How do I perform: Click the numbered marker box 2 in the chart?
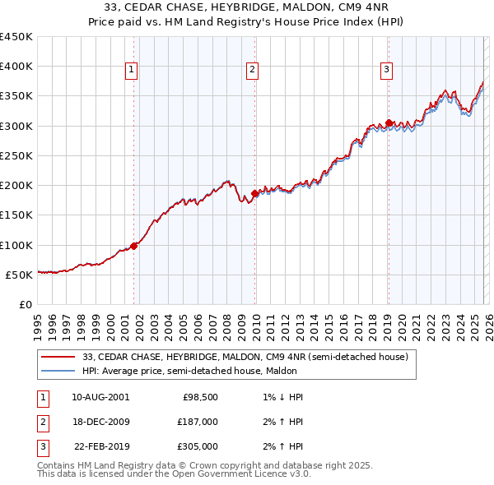(252, 71)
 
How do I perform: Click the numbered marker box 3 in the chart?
(386, 71)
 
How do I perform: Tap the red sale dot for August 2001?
(133, 246)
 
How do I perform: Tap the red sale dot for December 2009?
(254, 193)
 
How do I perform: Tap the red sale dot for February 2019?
(389, 123)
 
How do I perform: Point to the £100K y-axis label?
(16, 245)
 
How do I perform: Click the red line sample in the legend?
(58, 358)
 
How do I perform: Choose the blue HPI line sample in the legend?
(58, 371)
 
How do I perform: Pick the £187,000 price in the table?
(198, 422)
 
